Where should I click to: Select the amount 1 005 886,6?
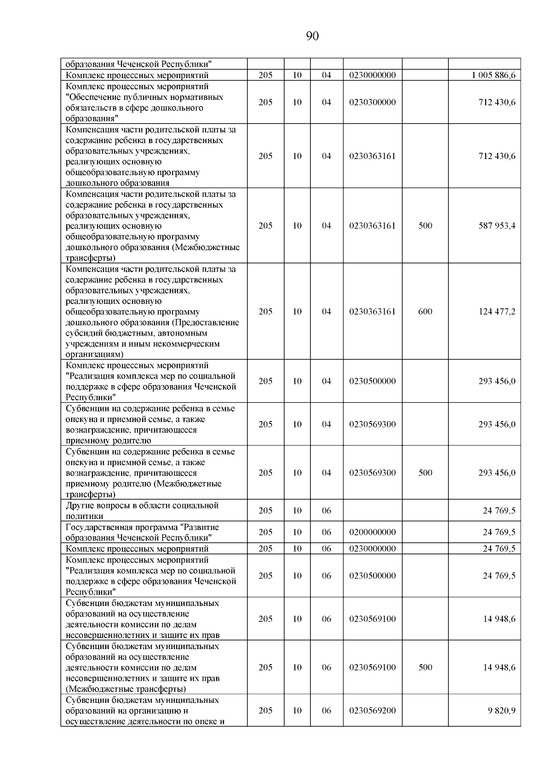click(x=493, y=75)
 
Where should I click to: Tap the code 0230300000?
click(x=372, y=102)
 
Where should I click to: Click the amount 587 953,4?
click(x=497, y=226)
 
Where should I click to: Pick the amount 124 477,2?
click(x=497, y=312)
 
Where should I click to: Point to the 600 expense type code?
click(x=425, y=312)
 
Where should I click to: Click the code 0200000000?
click(x=372, y=532)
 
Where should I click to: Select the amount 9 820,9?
click(x=501, y=711)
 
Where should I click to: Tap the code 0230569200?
click(x=372, y=711)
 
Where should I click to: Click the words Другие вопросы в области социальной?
click(x=142, y=506)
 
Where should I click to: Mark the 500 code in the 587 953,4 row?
click(x=425, y=226)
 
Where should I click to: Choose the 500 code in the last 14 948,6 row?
click(x=425, y=667)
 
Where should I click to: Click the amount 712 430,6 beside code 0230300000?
click(x=497, y=102)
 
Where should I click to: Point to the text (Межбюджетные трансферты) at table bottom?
click(x=126, y=689)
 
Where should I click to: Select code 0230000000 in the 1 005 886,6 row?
click(x=372, y=75)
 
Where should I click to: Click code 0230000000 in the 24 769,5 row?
click(x=372, y=549)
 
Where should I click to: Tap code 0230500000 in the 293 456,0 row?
click(x=372, y=381)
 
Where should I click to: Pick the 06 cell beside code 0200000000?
click(x=326, y=532)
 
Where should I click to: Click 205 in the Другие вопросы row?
click(x=265, y=511)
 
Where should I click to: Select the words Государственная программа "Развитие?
click(x=142, y=527)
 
